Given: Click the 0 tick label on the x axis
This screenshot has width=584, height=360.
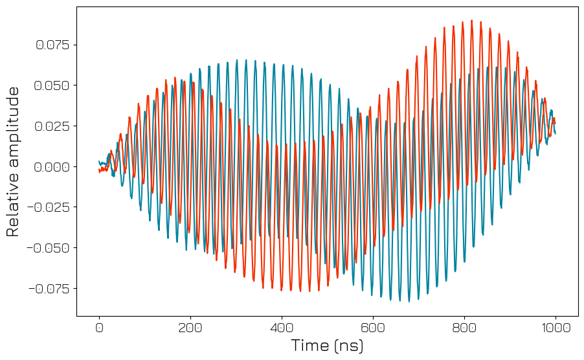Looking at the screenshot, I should (99, 328).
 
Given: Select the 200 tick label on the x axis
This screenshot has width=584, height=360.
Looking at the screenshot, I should (190, 328).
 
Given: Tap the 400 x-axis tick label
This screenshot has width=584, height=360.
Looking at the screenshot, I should (282, 328).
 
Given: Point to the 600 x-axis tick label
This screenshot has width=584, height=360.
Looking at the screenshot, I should (373, 328).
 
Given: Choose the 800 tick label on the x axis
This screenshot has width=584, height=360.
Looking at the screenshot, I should (464, 328).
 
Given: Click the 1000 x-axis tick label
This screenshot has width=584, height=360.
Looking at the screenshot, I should (556, 328).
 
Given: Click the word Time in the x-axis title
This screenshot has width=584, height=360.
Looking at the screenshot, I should (310, 346).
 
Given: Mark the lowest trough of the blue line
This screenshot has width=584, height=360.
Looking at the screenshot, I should (409, 301).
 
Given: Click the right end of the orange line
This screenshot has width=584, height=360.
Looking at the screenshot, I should (555, 124).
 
